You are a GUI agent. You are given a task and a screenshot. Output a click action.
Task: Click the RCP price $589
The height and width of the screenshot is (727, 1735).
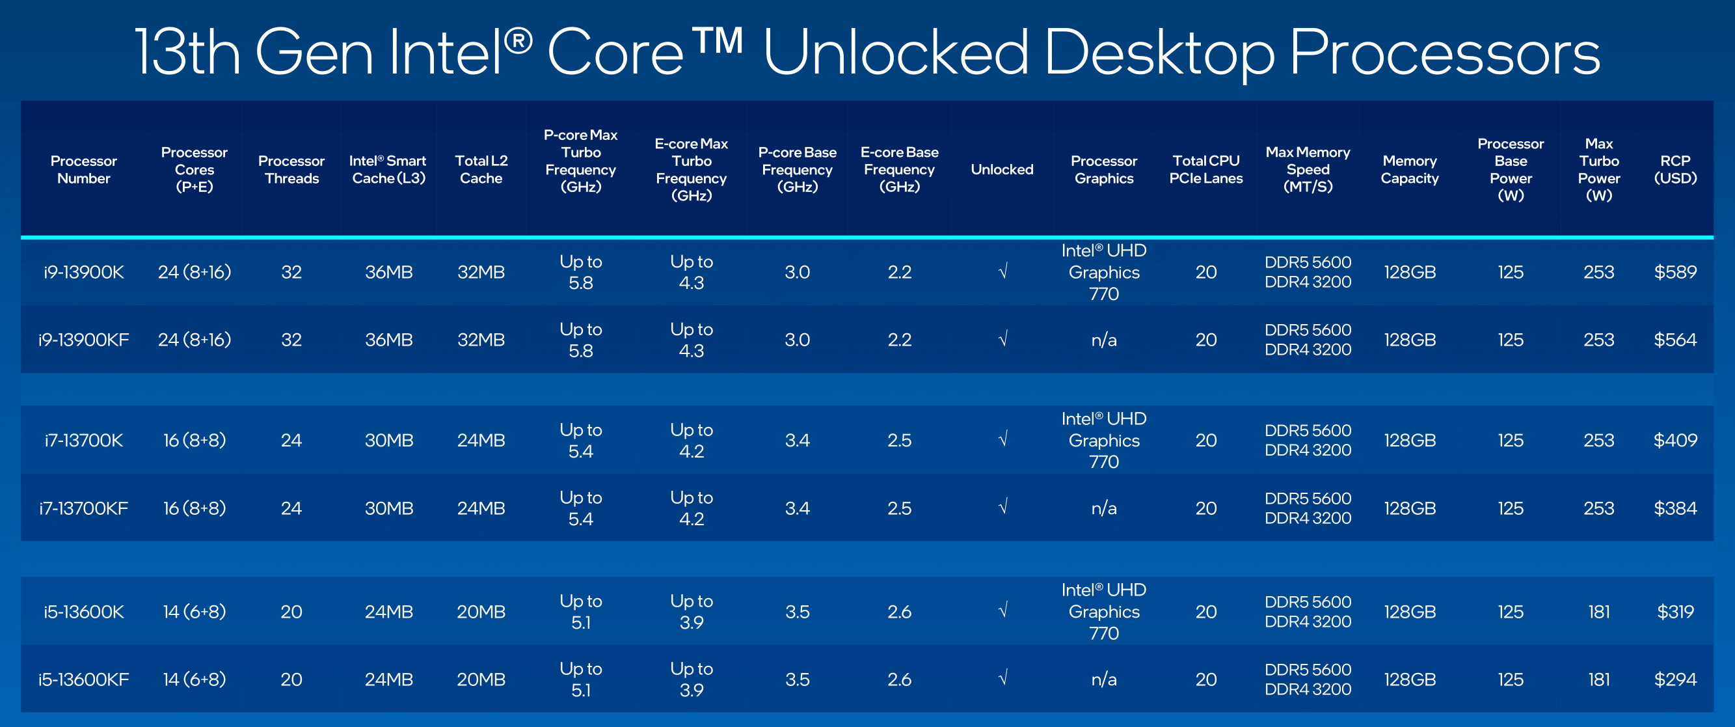pos(1675,272)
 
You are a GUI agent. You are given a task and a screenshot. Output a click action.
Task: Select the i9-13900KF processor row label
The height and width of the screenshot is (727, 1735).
pos(83,340)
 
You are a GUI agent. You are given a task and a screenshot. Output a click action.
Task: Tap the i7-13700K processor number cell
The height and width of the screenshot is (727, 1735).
pos(83,441)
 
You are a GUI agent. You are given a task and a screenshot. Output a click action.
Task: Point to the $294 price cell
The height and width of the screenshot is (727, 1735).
pos(1675,679)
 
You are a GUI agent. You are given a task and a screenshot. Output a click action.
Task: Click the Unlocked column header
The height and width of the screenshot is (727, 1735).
pos(1002,170)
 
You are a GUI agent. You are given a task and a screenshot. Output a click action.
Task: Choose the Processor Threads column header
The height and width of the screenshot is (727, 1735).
pos(291,170)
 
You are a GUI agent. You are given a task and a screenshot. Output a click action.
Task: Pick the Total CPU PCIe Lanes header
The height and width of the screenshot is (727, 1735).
pos(1205,170)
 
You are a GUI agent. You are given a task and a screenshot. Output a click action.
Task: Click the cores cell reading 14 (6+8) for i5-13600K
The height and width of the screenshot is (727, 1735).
pos(194,612)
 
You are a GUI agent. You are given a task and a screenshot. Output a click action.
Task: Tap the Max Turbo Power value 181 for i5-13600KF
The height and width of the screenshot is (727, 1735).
pos(1599,679)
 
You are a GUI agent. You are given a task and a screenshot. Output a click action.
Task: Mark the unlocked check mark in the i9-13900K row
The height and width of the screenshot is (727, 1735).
pos(1002,271)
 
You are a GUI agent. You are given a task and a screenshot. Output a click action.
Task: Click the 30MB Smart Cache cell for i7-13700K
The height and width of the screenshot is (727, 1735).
pos(388,441)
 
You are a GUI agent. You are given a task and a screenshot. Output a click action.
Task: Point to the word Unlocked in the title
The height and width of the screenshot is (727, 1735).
pos(896,53)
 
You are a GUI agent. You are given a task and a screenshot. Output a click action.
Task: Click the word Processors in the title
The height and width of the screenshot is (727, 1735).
pos(1444,53)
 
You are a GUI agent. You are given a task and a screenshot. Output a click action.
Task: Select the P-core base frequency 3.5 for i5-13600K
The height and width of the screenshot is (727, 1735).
pos(797,612)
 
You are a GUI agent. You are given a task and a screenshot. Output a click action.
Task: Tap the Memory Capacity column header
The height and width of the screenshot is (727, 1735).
pos(1410,170)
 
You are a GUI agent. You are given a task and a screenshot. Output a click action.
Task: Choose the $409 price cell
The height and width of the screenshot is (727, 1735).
pos(1675,441)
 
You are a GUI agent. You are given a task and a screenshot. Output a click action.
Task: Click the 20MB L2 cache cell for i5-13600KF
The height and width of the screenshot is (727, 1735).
pos(481,679)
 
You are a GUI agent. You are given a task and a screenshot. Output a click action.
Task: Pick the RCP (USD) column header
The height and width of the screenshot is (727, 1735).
pos(1675,170)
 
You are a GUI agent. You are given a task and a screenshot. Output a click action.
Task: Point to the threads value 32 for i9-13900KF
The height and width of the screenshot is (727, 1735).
pos(291,340)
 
